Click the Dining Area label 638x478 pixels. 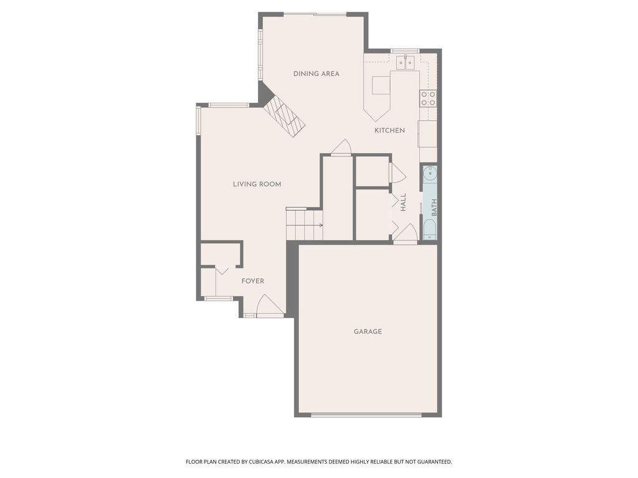[x=316, y=73]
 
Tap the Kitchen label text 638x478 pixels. [x=389, y=131]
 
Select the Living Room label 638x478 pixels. [x=257, y=184]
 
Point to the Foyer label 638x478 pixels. [x=253, y=281]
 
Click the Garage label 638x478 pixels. [x=368, y=331]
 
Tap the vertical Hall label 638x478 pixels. [x=403, y=202]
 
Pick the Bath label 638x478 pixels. [x=434, y=207]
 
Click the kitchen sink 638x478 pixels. [x=405, y=62]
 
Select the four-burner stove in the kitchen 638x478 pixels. [x=428, y=98]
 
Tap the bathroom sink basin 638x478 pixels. [x=430, y=174]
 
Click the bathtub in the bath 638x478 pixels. [x=430, y=230]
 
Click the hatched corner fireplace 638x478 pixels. [x=284, y=117]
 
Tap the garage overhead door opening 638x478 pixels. [x=366, y=415]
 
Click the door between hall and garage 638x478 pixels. [x=406, y=234]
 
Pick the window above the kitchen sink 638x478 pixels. [x=405, y=51]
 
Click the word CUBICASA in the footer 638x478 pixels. [x=262, y=462]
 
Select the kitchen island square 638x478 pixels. [x=381, y=85]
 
